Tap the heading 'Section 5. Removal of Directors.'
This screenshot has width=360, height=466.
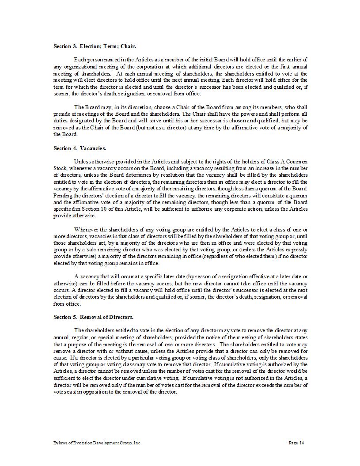93,317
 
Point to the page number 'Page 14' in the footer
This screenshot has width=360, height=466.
296,443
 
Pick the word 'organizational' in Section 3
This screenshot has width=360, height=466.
80,66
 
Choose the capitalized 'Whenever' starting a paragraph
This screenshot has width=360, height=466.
87,229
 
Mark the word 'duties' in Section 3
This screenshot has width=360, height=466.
61,121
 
